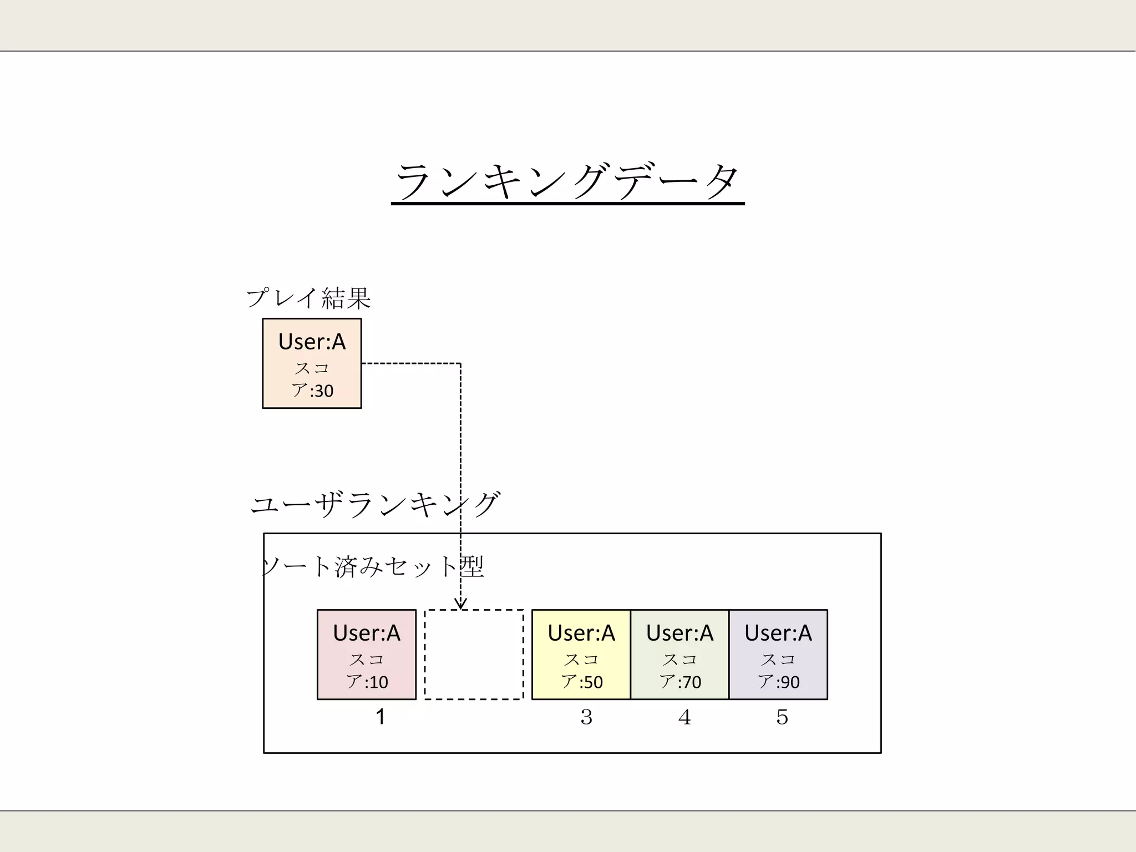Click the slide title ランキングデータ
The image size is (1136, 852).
[x=567, y=181]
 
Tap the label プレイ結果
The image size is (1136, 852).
[x=308, y=298]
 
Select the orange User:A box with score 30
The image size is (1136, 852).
[x=312, y=363]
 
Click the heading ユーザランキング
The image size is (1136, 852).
[x=376, y=505]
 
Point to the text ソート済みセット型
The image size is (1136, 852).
[x=373, y=567]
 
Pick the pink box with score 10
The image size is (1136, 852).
[x=367, y=655]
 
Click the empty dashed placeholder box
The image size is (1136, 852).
[x=474, y=655]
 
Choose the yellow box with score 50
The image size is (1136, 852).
[x=581, y=655]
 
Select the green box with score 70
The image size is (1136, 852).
[x=679, y=655]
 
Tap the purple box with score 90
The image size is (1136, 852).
[x=778, y=655]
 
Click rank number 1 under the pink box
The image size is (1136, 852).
[x=381, y=717]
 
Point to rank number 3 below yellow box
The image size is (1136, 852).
[x=586, y=717]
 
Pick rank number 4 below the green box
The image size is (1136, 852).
[x=684, y=717]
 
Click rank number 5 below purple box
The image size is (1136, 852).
[x=782, y=717]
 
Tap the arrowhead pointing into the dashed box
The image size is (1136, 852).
[x=460, y=604]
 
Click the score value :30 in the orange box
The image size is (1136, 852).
[x=322, y=391]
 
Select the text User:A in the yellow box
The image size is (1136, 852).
[x=581, y=633]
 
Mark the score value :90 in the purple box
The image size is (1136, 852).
[x=788, y=682]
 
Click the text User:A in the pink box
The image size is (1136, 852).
[x=367, y=633]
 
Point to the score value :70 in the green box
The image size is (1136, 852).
[x=690, y=682]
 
